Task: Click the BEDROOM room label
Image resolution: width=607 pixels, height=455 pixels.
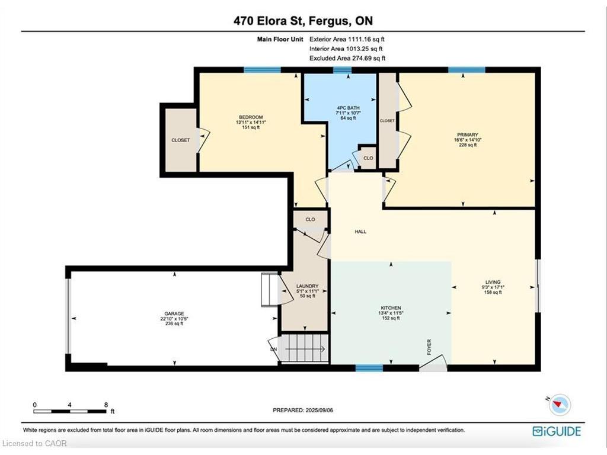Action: coord(251,117)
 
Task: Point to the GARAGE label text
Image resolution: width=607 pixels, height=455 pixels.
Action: coord(174,313)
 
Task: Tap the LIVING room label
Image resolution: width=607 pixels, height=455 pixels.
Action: coord(493,282)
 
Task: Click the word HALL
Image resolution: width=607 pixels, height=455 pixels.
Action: coord(360,232)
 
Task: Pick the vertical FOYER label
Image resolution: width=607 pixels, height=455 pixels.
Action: coord(429,347)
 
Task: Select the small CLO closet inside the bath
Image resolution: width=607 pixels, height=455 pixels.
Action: coord(368,158)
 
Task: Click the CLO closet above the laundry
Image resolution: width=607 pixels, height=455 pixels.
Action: coord(310,219)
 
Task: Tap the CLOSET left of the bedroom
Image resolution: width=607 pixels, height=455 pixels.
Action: coord(180,140)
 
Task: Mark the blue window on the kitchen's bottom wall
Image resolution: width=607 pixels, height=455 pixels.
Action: coord(369,368)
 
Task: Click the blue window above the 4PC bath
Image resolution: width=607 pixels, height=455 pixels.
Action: coord(342,71)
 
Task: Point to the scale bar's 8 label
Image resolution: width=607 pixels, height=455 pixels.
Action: coord(106,405)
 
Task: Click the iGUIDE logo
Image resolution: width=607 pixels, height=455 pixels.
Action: coord(557,431)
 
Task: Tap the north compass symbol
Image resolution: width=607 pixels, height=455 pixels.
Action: coord(560,405)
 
